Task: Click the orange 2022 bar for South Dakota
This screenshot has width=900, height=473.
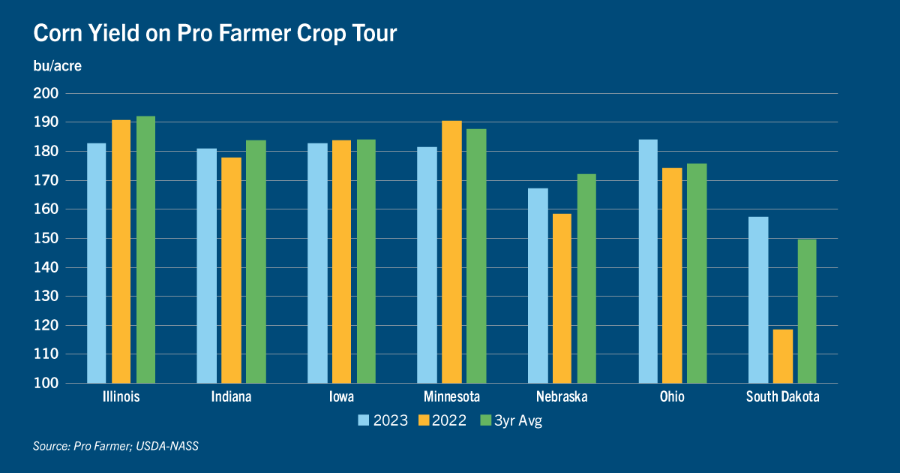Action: point(783,357)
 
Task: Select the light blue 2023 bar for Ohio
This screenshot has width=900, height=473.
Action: point(648,261)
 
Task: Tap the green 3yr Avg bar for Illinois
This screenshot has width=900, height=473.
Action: point(145,250)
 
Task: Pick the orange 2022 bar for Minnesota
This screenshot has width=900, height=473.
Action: point(452,252)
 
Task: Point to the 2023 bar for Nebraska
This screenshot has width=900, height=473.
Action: point(538,285)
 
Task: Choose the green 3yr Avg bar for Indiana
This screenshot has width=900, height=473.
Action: point(256,262)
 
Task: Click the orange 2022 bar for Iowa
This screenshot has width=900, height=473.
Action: point(341,262)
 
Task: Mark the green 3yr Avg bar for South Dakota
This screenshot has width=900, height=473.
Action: point(807,312)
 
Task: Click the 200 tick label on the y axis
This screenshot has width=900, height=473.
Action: point(46,93)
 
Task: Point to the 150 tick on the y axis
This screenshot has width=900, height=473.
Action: point(46,238)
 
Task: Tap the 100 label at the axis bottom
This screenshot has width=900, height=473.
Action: point(46,383)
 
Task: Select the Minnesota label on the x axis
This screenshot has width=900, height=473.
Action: point(452,396)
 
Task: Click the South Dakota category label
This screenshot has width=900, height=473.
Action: point(783,396)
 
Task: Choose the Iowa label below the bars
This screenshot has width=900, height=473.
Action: point(341,396)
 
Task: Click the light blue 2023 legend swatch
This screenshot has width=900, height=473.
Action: point(363,420)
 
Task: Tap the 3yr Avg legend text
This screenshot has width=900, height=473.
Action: point(518,420)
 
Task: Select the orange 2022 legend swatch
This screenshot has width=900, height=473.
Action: point(424,420)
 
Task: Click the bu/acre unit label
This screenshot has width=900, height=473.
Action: point(58,66)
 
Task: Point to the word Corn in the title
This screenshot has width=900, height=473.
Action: point(58,33)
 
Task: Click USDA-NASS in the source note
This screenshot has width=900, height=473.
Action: point(167,446)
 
